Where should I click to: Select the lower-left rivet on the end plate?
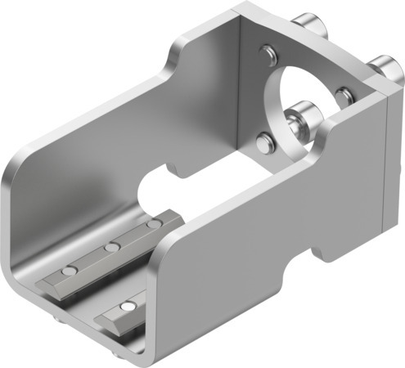coord(263,144)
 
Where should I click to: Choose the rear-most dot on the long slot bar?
coord(152,222)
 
